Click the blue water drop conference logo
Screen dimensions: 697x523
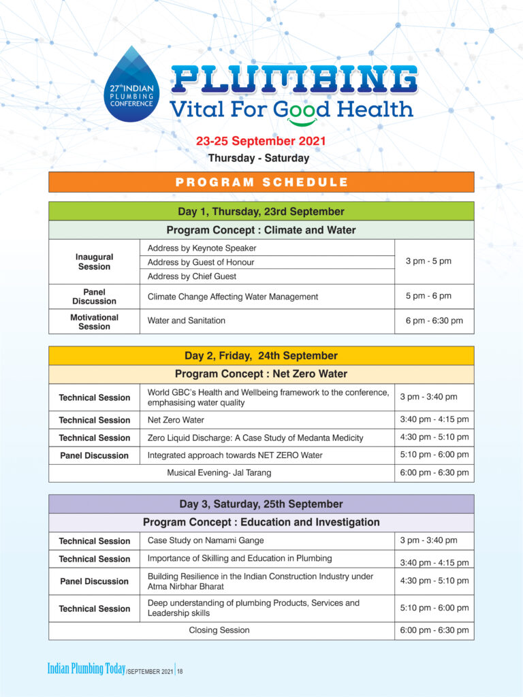(133, 85)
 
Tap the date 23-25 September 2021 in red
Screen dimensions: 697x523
(261, 142)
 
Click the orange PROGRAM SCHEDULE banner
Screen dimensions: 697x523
(261, 182)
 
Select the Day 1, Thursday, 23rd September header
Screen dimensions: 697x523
(261, 211)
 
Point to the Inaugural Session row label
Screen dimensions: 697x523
(94, 261)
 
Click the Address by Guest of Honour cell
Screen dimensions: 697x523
(201, 262)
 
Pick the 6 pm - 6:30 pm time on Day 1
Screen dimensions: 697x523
(434, 321)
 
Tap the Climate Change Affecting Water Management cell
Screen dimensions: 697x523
(233, 297)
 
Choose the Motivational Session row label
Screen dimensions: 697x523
(94, 321)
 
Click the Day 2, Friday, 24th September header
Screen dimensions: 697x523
(261, 355)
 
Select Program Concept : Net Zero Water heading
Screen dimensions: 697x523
(261, 374)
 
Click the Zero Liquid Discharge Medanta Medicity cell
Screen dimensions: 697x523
(255, 438)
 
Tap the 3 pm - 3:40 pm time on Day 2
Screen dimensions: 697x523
(428, 397)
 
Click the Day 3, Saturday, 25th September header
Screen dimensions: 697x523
(261, 504)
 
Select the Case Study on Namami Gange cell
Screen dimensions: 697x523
(206, 540)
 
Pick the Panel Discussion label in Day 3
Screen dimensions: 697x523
(94, 581)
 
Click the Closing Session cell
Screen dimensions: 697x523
(219, 630)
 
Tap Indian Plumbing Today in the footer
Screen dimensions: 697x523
(86, 669)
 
